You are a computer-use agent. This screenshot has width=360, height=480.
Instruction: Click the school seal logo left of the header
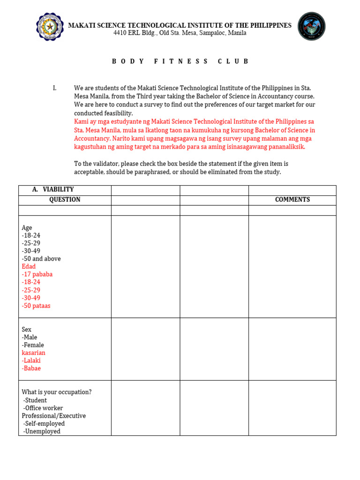pyautogui.click(x=49, y=26)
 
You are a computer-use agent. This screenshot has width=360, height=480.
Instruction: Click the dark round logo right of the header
pyautogui.click(x=311, y=26)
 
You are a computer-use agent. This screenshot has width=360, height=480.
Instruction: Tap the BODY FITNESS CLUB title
pyautogui.click(x=180, y=61)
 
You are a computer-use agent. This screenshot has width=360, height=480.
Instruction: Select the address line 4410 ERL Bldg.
pyautogui.click(x=180, y=33)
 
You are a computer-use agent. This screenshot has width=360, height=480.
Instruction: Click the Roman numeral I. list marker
pyautogui.click(x=55, y=88)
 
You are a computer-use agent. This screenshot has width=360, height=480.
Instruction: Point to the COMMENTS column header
pyautogui.click(x=292, y=200)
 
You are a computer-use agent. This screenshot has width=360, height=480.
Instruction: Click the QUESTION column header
pyautogui.click(x=65, y=200)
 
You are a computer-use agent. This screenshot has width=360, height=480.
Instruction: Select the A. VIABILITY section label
pyautogui.click(x=53, y=189)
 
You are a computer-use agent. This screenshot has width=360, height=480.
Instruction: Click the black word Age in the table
pyautogui.click(x=27, y=228)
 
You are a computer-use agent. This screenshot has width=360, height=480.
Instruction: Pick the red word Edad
pyautogui.click(x=29, y=267)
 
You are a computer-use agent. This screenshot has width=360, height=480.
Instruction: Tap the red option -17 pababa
pyautogui.click(x=37, y=274)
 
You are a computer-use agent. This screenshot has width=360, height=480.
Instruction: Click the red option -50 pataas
pyautogui.click(x=36, y=306)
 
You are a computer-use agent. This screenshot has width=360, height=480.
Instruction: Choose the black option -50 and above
pyautogui.click(x=41, y=259)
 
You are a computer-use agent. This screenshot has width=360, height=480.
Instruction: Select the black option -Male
pyautogui.click(x=30, y=337)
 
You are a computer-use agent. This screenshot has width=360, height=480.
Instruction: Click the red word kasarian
pyautogui.click(x=33, y=353)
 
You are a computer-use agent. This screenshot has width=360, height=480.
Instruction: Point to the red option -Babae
pyautogui.click(x=31, y=368)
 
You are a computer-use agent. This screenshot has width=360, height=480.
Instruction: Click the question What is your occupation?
pyautogui.click(x=56, y=392)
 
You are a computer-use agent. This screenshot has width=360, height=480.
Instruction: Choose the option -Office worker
pyautogui.click(x=43, y=408)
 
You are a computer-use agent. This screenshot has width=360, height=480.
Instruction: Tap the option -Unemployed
pyautogui.click(x=42, y=431)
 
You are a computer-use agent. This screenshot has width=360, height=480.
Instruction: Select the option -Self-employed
pyautogui.click(x=44, y=424)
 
